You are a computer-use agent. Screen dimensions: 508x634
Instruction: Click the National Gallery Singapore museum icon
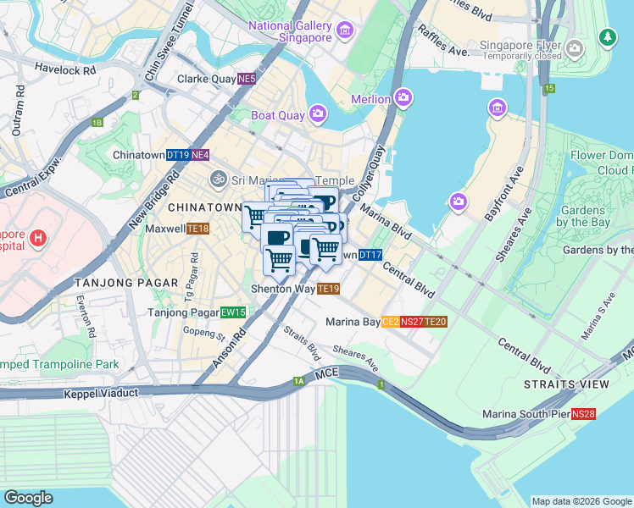pyautogui.click(x=344, y=31)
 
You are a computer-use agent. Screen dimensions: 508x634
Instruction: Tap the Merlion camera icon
pyautogui.click(x=403, y=99)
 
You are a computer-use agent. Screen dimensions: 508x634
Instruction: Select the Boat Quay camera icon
pyautogui.click(x=318, y=113)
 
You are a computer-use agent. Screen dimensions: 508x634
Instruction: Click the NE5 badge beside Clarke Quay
pyautogui.click(x=247, y=79)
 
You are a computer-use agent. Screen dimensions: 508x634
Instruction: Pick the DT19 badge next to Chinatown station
pyautogui.click(x=177, y=155)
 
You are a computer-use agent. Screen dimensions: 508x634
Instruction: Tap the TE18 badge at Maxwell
pyautogui.click(x=198, y=229)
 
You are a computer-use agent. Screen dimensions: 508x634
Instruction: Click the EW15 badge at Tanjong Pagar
pyautogui.click(x=233, y=312)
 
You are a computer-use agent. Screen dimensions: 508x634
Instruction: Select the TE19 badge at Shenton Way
pyautogui.click(x=329, y=289)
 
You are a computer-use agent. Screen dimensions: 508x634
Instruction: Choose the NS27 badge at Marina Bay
pyautogui.click(x=413, y=321)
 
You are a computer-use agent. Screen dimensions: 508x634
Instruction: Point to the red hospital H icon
pyautogui.click(x=37, y=239)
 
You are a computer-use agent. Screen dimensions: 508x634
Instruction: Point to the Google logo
pyautogui.click(x=29, y=497)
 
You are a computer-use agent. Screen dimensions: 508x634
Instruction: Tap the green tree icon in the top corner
pyautogui.click(x=607, y=37)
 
